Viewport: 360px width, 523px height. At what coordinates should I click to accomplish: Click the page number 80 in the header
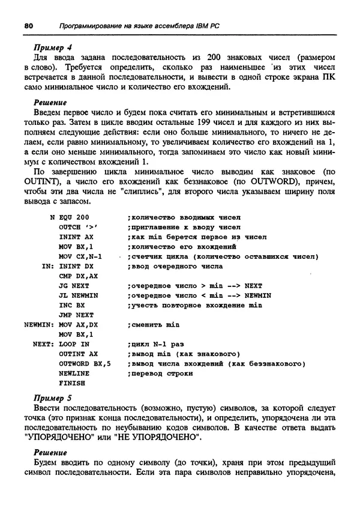(x=28, y=26)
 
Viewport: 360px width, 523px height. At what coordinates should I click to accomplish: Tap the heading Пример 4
(x=52, y=47)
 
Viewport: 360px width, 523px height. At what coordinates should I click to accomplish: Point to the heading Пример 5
(x=52, y=398)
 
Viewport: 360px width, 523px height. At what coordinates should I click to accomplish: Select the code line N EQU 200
(x=70, y=217)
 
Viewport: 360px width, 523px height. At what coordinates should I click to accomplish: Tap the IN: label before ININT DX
(x=48, y=266)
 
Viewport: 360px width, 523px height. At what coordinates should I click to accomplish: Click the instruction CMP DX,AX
(x=78, y=276)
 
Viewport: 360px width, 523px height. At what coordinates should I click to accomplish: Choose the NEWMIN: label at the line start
(x=40, y=324)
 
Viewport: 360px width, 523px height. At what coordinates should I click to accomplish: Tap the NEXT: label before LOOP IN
(x=44, y=344)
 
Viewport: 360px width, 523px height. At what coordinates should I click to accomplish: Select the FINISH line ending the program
(x=72, y=382)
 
